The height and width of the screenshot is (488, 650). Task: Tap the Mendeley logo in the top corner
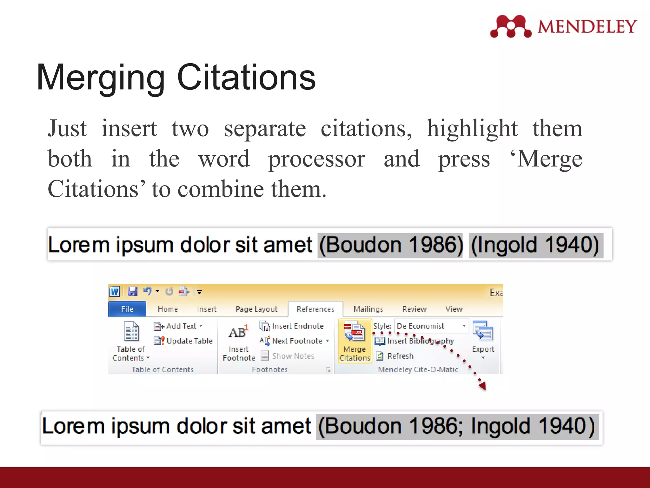coord(564,26)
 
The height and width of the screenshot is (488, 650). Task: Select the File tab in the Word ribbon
coord(127,309)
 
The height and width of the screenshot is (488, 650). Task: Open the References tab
coord(315,309)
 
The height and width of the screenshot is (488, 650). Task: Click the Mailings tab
coord(368,309)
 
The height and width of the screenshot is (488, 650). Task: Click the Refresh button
coord(395,356)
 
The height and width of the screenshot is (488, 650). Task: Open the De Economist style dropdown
coord(463,326)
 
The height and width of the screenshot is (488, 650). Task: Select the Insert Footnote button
coord(238,343)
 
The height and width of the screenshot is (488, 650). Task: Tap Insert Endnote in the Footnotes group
coord(292,326)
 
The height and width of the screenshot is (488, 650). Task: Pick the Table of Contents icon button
coord(131,332)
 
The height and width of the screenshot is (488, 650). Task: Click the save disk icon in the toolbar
coord(132,291)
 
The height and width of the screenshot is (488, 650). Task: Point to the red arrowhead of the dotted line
coord(482,386)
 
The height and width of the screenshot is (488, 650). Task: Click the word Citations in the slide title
coord(246,77)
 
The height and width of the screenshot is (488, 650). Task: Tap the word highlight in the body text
coord(472,128)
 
